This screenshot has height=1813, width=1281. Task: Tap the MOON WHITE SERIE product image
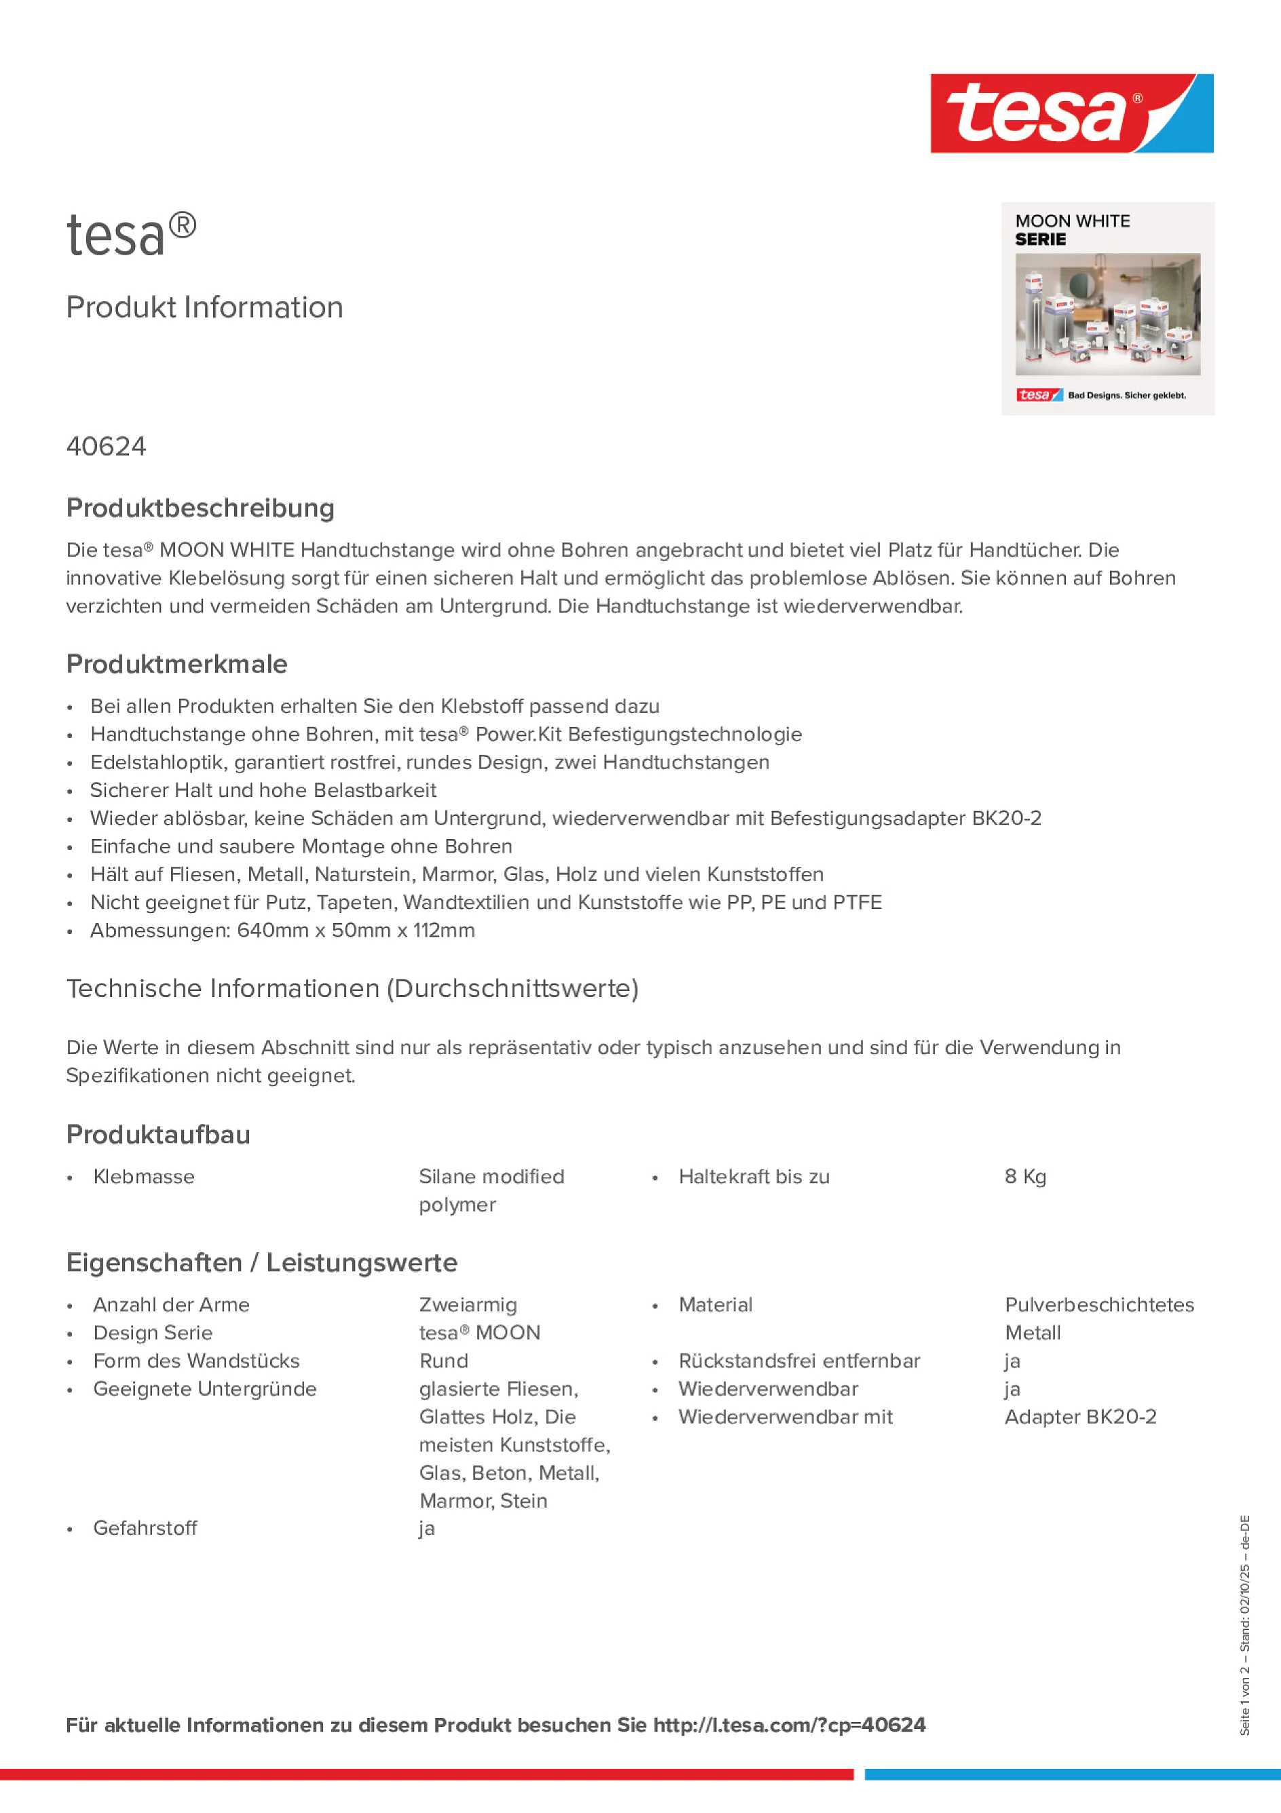pyautogui.click(x=1107, y=309)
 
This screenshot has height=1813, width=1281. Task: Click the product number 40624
pyautogui.click(x=106, y=447)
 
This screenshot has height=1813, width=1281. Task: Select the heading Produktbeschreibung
pyautogui.click(x=200, y=508)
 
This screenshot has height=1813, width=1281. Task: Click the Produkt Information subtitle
pyautogui.click(x=204, y=307)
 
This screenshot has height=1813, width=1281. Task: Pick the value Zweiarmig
pyautogui.click(x=468, y=1305)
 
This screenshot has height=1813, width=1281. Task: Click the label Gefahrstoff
pyautogui.click(x=145, y=1528)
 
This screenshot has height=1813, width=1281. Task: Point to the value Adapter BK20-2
pyautogui.click(x=1079, y=1417)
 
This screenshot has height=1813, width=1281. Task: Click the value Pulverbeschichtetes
pyautogui.click(x=1098, y=1305)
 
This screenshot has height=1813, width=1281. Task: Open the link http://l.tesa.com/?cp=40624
pyautogui.click(x=789, y=1725)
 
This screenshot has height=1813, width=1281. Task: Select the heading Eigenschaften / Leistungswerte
pyautogui.click(x=261, y=1263)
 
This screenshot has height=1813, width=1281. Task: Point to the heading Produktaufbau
pyautogui.click(x=158, y=1135)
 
